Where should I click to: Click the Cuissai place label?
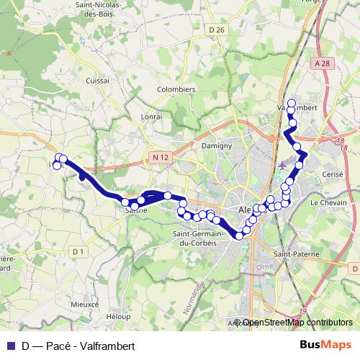tap(96, 81)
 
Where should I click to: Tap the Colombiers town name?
tap(176, 89)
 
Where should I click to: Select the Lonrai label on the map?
tap(152, 115)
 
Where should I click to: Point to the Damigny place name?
tap(216, 145)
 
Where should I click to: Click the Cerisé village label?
tap(333, 175)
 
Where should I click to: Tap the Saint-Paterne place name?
tap(296, 254)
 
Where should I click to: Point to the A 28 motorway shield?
tap(321, 64)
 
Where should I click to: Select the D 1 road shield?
tap(78, 251)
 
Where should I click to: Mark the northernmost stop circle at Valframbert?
tap(292, 103)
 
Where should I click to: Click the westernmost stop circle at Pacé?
tap(58, 166)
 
